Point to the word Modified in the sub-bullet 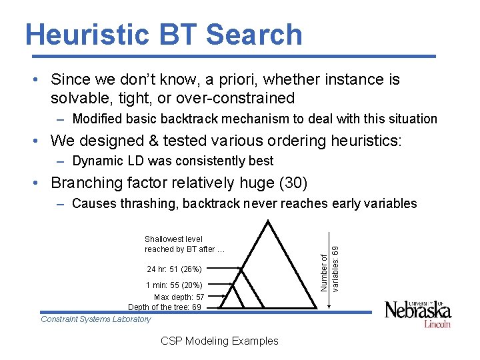point(96,119)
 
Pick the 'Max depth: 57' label point(179,297)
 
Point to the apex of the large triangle point(269,222)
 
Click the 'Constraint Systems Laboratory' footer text point(96,319)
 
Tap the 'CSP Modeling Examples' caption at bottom point(219,341)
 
